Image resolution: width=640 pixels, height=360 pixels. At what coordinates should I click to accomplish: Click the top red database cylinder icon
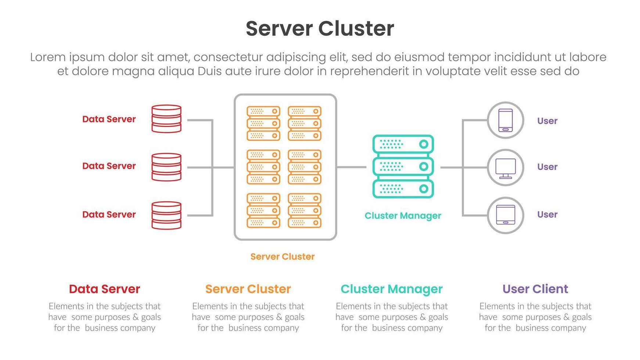(x=166, y=119)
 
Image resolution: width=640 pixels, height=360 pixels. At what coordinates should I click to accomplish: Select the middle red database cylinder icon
(x=166, y=167)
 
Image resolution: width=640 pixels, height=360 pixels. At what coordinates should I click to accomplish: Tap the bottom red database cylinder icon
(x=166, y=215)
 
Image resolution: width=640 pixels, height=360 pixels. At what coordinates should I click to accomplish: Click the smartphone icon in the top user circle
(x=506, y=120)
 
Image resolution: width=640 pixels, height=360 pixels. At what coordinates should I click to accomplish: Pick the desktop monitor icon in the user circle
(x=506, y=168)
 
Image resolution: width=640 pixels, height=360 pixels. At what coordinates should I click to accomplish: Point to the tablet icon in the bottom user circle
(x=506, y=215)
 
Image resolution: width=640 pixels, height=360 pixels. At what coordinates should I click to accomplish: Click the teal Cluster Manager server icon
(x=403, y=166)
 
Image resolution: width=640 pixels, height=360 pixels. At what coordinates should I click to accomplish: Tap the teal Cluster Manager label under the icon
(x=403, y=216)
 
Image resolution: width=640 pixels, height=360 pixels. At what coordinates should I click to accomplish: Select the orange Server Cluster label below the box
(x=282, y=256)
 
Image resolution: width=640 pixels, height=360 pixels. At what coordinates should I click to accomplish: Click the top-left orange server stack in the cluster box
(x=263, y=123)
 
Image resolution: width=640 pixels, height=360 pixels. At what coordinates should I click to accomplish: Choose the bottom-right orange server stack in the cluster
(x=305, y=210)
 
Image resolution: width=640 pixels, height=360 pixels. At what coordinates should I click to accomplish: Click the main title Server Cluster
(x=320, y=29)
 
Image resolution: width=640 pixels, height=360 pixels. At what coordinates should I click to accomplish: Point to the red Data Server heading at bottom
(x=104, y=289)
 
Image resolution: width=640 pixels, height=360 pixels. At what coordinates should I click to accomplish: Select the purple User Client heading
(x=535, y=289)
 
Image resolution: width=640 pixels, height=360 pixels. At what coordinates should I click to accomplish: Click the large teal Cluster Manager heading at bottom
(x=391, y=289)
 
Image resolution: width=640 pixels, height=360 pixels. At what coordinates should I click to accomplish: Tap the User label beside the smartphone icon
(x=547, y=121)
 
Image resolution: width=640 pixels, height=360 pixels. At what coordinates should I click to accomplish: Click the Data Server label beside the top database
(x=109, y=119)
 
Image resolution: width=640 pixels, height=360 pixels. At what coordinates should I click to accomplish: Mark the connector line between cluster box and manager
(x=351, y=167)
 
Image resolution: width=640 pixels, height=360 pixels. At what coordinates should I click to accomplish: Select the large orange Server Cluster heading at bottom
(x=248, y=289)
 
